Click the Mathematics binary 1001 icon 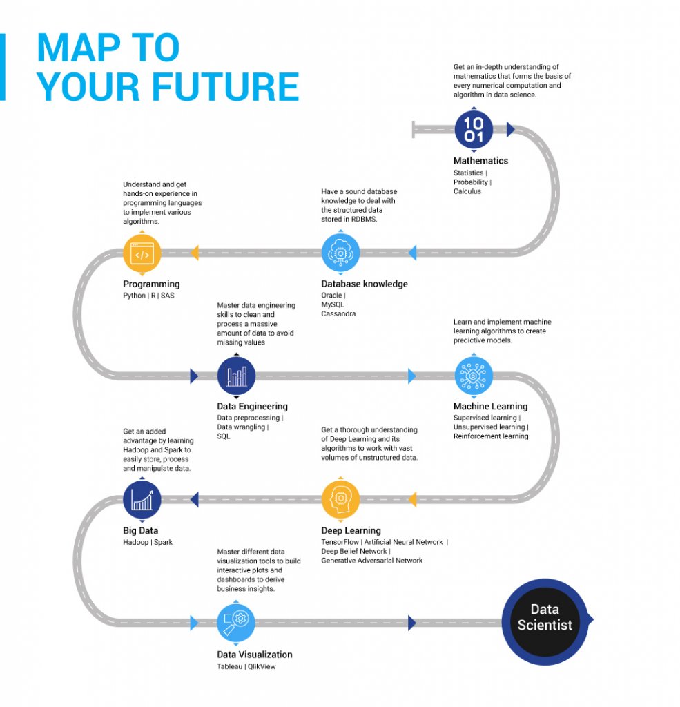[x=474, y=129]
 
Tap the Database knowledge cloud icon [x=340, y=253]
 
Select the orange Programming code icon [x=142, y=253]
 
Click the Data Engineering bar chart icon [x=236, y=376]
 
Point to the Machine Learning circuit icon [x=474, y=376]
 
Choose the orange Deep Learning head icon [x=340, y=499]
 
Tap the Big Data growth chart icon [x=142, y=499]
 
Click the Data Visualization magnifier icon [x=236, y=623]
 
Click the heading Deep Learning [x=351, y=530]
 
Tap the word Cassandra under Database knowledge [x=339, y=313]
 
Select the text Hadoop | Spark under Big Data [x=148, y=542]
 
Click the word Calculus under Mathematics [x=467, y=191]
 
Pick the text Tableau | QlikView [x=246, y=666]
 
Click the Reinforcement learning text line [x=490, y=436]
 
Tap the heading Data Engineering [x=252, y=407]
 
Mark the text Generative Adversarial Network [x=371, y=561]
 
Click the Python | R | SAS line [x=148, y=296]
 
